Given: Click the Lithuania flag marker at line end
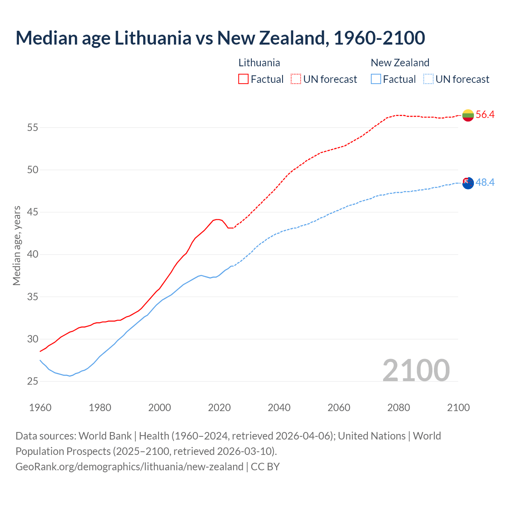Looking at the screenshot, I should (x=468, y=115).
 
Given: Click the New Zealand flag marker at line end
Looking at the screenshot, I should (x=468, y=183).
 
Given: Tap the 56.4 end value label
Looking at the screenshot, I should (x=485, y=115).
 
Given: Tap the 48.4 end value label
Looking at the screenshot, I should (x=485, y=182).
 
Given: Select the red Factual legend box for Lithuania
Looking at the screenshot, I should (x=243, y=79).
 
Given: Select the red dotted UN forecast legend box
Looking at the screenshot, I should (x=296, y=79).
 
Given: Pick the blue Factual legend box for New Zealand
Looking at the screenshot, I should (x=376, y=79).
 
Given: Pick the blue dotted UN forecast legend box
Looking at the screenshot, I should (x=428, y=79).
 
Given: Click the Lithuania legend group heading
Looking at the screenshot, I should (x=259, y=63).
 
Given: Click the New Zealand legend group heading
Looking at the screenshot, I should (x=400, y=63).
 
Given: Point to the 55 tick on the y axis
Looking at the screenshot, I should (x=33, y=127).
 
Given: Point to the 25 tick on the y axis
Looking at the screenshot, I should (x=33, y=382).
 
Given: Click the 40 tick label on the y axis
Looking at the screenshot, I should (x=33, y=254).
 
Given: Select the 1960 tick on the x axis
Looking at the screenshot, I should (x=40, y=408).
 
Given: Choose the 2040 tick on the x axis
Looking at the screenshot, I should (x=279, y=408).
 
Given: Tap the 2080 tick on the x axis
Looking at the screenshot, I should (x=398, y=408).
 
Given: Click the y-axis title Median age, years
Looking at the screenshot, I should (x=17, y=245).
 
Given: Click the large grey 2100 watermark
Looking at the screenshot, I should (x=416, y=370).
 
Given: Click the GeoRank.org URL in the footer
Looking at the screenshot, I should (x=129, y=467).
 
